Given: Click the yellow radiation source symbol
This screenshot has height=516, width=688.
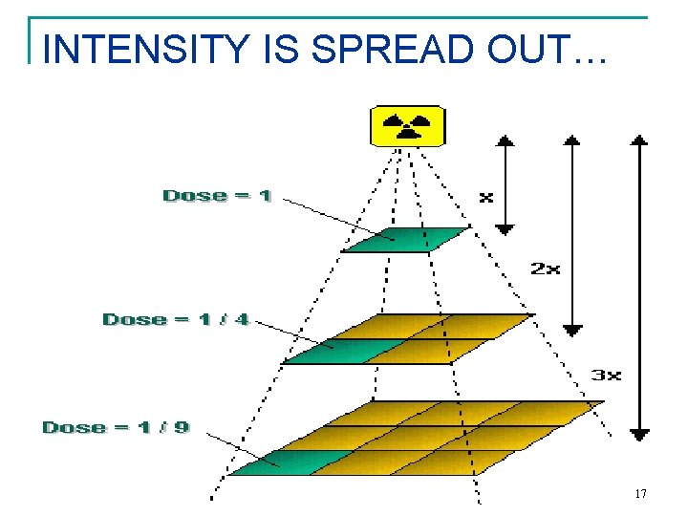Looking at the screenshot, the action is coord(407,125).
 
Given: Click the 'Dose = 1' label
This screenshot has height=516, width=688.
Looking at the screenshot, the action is coord(217,196).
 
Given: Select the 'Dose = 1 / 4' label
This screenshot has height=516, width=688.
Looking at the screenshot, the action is coord(176,319).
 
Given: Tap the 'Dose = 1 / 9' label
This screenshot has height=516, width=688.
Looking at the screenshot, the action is coord(116,427).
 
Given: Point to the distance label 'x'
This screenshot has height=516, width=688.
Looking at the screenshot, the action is coord(485,197).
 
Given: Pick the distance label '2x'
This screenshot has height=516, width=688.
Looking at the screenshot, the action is coord(545,269).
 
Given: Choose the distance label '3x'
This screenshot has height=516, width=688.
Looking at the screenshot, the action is coord(606,375).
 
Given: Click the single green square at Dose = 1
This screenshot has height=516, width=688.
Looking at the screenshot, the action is coord(404,239).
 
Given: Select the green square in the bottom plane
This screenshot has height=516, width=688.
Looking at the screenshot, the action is coord(270,462).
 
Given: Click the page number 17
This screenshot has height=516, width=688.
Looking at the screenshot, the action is coord(640,494).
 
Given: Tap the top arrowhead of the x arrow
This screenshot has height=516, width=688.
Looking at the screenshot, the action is coord(505,140).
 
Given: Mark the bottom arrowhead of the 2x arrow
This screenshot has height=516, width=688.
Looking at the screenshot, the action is coord(571,330).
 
